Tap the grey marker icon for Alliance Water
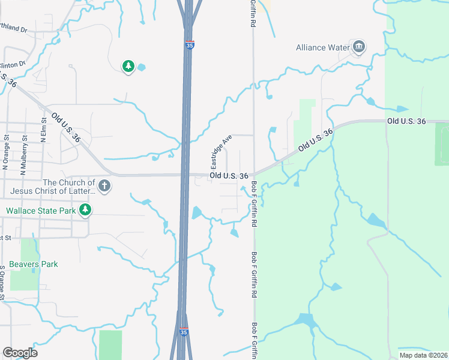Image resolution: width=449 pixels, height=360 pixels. tap(359, 47)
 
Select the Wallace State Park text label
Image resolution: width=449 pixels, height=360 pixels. tap(41, 211)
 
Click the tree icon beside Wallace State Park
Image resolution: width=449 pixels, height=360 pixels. tap(86, 210)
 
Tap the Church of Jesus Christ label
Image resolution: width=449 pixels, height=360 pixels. tap(52, 187)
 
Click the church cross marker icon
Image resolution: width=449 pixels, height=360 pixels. tap(104, 186)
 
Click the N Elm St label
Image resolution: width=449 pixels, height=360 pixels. tap(43, 131)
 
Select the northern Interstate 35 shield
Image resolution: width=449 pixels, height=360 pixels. tap(189, 45)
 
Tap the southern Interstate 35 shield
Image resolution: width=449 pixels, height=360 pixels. tap(184, 331)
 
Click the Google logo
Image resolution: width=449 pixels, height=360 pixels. tap(20, 353)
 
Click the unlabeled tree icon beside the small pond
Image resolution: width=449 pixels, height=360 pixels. tap(128, 67)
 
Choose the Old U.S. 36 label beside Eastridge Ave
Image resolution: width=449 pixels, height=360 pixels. tap(229, 176)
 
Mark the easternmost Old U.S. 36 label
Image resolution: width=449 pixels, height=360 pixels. tap(406, 121)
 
